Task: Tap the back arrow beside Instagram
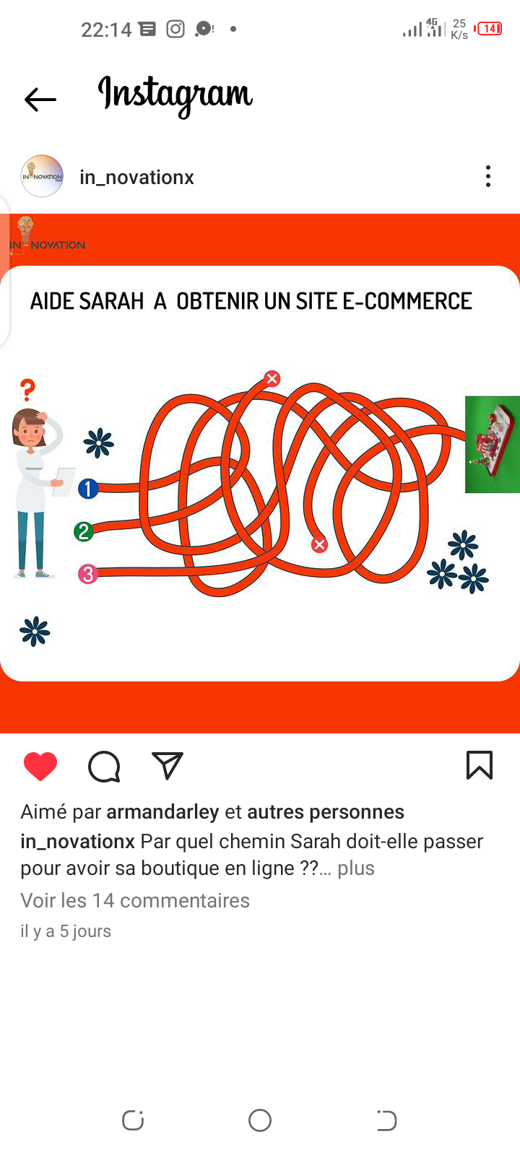pos(40,99)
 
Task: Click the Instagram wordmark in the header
pos(175,95)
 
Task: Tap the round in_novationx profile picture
pos(42,176)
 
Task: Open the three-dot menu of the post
pos(488,176)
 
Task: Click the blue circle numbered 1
pos(88,488)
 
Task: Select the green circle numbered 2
pos(84,531)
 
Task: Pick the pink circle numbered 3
pos(87,574)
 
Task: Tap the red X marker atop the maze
pos(272,378)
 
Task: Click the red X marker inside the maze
pos(319,544)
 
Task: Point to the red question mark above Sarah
pos(27,391)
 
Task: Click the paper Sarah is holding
pos(64,481)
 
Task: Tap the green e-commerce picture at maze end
pos(492,445)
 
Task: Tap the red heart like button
pos(40,766)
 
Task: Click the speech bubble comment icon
pos(104,767)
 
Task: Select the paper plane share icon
pos(167,765)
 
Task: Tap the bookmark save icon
pos(480,765)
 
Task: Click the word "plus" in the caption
pos(356,868)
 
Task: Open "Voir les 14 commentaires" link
pos(135,901)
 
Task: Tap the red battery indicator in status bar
pos(488,29)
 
